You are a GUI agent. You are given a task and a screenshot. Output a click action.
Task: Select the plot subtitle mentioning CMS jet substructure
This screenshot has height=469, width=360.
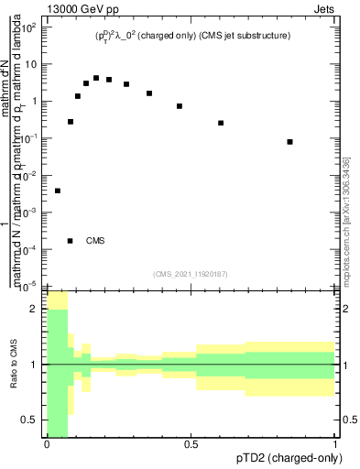[193, 36]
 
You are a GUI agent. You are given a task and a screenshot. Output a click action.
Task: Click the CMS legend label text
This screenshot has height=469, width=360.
[95, 241]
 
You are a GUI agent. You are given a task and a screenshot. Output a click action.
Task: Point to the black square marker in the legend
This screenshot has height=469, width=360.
[71, 241]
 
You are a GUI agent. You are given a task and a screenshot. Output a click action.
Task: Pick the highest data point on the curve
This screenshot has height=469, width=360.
[96, 78]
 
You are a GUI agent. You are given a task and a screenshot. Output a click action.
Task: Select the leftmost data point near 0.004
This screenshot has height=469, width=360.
[58, 191]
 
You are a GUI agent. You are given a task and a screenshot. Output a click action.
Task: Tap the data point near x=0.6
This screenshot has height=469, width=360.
[221, 123]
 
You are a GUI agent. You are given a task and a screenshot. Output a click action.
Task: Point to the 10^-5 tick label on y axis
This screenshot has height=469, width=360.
[28, 285]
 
